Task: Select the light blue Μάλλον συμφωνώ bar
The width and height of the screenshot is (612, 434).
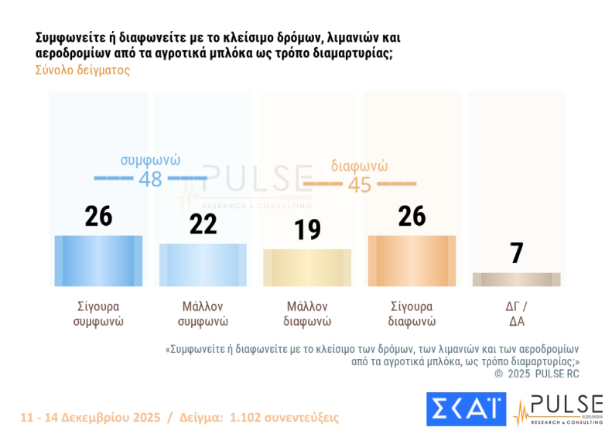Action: click(x=203, y=265)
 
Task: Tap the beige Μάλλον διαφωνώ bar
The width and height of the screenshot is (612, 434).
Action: click(x=307, y=268)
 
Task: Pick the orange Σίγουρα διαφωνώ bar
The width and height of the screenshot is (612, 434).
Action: click(x=412, y=261)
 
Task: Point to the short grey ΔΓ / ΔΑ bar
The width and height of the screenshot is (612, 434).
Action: click(x=516, y=279)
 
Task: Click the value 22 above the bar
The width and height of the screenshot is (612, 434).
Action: click(x=203, y=224)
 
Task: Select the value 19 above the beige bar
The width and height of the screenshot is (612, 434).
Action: click(x=307, y=230)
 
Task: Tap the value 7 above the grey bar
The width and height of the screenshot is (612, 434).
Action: click(x=517, y=253)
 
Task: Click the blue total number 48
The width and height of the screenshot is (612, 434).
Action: click(x=150, y=179)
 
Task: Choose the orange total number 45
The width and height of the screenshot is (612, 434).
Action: click(x=360, y=185)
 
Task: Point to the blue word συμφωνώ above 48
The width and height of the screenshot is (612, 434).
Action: click(x=150, y=160)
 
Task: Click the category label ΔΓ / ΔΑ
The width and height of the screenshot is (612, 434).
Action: click(x=516, y=313)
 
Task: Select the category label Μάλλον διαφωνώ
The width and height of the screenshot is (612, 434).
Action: click(x=307, y=313)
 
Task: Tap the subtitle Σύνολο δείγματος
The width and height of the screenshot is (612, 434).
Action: click(x=83, y=70)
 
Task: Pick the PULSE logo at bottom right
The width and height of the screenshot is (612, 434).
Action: click(x=557, y=408)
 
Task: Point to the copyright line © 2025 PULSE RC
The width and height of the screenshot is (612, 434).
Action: click(x=537, y=374)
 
